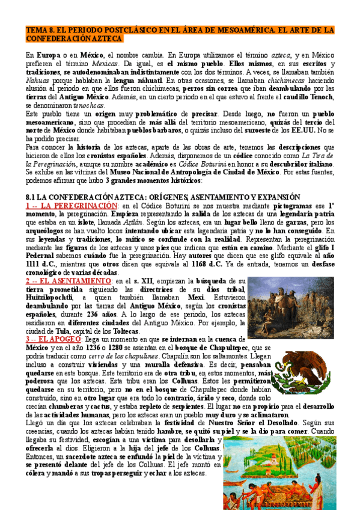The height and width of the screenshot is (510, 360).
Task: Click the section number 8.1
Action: [x=29, y=180]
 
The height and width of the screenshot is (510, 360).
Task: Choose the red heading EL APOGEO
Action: [x=59, y=339]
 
